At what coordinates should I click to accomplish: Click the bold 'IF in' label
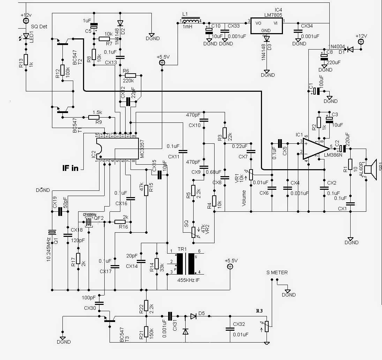coord(70,168)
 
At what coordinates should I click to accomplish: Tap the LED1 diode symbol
coord(25,36)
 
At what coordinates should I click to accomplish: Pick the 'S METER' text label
coord(277,272)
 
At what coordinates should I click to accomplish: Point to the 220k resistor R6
coord(130,75)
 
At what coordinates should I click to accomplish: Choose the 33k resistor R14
coord(157,264)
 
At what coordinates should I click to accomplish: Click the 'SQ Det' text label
coord(39,27)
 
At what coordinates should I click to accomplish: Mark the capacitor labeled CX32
coord(229,329)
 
